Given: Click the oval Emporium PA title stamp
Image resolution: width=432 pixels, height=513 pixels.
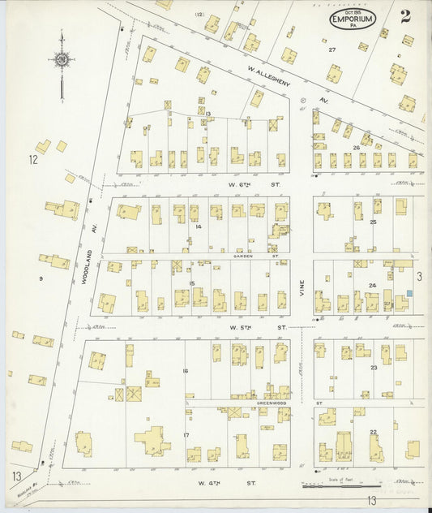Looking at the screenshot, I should click(x=353, y=19).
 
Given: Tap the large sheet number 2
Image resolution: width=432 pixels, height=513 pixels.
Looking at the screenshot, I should click(x=404, y=15).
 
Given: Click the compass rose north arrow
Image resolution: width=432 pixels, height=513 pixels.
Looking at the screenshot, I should click(x=61, y=60).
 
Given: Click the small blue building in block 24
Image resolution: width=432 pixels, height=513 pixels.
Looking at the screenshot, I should click(x=410, y=293).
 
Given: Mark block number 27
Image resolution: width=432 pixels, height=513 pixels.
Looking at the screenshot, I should click(x=331, y=50).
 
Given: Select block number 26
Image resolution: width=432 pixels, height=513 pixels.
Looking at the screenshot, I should click(x=356, y=148).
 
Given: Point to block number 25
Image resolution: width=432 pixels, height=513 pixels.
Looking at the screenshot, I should click(x=374, y=222).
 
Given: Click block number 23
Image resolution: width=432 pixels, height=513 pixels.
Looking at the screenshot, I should click(x=374, y=368).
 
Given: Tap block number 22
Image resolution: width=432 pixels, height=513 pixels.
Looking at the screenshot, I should click(x=373, y=432).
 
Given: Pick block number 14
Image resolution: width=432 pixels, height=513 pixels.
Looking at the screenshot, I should click(x=198, y=226).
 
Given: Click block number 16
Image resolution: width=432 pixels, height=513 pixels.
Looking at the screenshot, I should click(x=186, y=370).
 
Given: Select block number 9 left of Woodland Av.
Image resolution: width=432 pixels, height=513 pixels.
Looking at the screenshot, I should click(x=39, y=279).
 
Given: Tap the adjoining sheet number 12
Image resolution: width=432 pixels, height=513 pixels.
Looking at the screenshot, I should click(x=33, y=160).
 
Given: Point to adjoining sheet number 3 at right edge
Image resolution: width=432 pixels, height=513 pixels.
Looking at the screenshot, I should click(x=419, y=277).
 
